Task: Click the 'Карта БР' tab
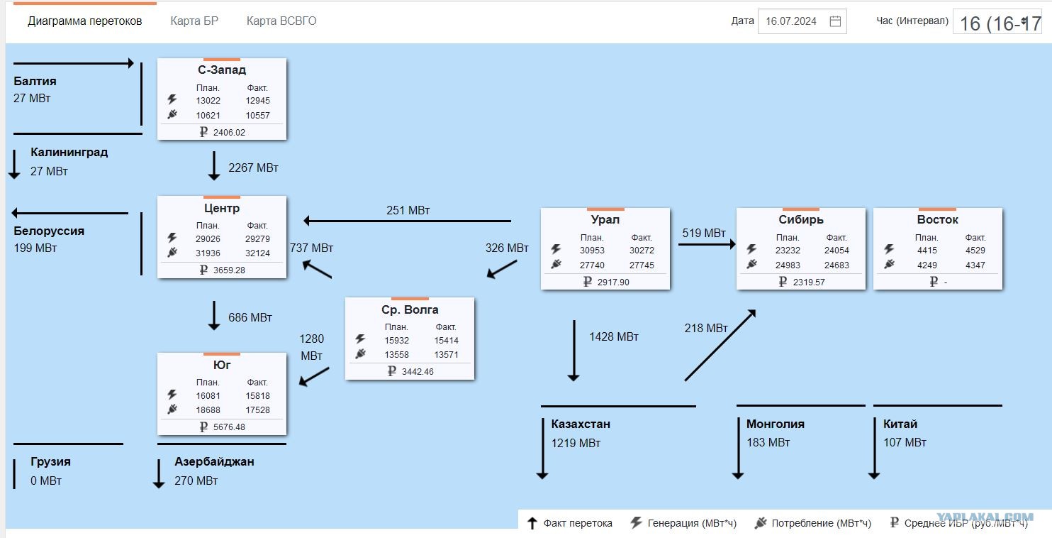tap(194, 21)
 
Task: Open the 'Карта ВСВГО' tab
tap(281, 21)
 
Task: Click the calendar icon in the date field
tap(835, 21)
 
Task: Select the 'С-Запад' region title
tap(222, 70)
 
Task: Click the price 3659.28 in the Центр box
tap(229, 270)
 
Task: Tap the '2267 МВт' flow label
tap(253, 168)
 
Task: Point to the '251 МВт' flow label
tap(408, 210)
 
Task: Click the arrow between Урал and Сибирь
tap(707, 244)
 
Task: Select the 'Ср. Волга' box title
tap(410, 309)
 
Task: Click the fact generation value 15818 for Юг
tap(257, 395)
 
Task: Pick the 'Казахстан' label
tap(581, 424)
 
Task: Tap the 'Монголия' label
tap(775, 424)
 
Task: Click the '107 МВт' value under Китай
tap(905, 442)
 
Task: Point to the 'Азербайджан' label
tap(214, 461)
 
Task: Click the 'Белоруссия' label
tap(49, 231)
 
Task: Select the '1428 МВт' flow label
tap(614, 336)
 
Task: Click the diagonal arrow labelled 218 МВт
tap(720, 345)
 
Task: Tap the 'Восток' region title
tap(937, 219)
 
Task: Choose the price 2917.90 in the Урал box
tap(613, 282)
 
